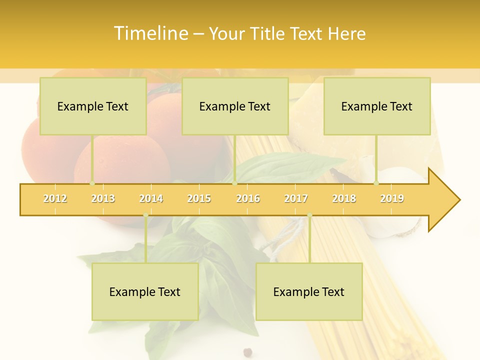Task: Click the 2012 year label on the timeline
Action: pos(55,198)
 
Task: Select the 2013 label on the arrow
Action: pos(103,198)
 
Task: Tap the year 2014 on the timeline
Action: pos(151,198)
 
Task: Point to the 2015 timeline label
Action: pos(199,198)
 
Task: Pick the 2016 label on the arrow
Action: pos(248,198)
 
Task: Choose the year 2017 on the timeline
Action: pos(296,198)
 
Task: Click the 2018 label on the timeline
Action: pos(344,198)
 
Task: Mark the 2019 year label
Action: pos(392,198)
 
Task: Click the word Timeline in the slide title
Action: pos(150,33)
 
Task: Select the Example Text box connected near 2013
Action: pos(93,106)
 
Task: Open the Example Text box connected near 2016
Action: pos(235,106)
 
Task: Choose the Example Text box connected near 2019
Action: pos(377,106)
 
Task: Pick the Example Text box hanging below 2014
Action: pos(145,291)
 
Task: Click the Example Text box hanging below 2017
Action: pos(309,291)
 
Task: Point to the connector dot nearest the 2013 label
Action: pos(92,183)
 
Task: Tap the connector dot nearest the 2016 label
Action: pos(234,183)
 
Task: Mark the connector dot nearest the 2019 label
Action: pos(376,183)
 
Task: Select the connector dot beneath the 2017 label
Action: pos(309,215)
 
